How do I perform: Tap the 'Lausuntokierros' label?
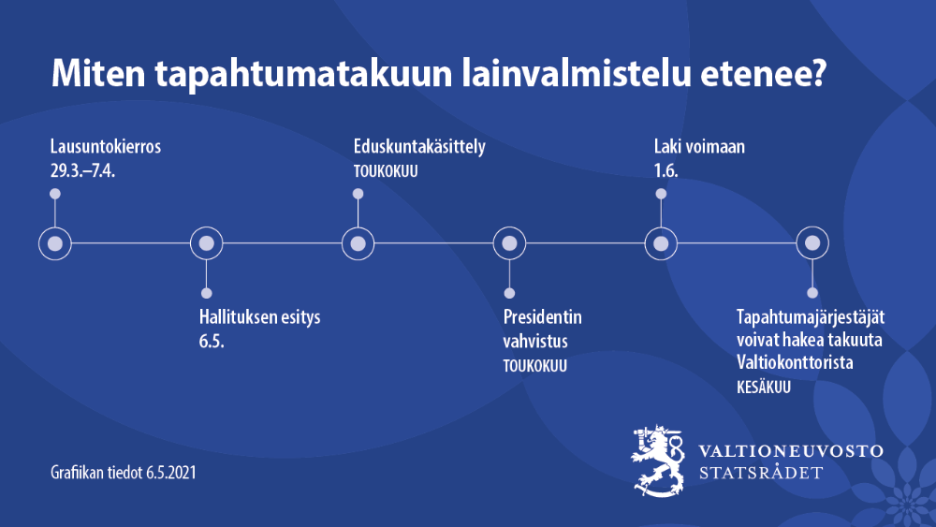(x=106, y=147)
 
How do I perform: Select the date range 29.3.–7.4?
(x=92, y=170)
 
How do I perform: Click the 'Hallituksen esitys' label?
(x=259, y=317)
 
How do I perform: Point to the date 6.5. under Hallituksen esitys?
(x=212, y=341)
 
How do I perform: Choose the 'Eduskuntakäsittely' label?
(x=419, y=147)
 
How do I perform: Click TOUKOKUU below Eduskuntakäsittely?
(x=386, y=171)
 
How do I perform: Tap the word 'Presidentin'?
(x=542, y=317)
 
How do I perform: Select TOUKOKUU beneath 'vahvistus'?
(x=535, y=366)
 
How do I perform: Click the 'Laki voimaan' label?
(x=698, y=147)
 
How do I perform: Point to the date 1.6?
(x=665, y=170)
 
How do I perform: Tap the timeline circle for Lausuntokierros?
(x=55, y=243)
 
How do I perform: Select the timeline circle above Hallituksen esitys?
(x=207, y=243)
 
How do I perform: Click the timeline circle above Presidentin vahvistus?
(x=510, y=243)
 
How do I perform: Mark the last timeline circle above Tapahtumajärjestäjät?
(x=812, y=243)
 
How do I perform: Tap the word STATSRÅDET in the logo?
(x=761, y=473)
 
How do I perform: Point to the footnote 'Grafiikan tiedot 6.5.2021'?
(x=124, y=473)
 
